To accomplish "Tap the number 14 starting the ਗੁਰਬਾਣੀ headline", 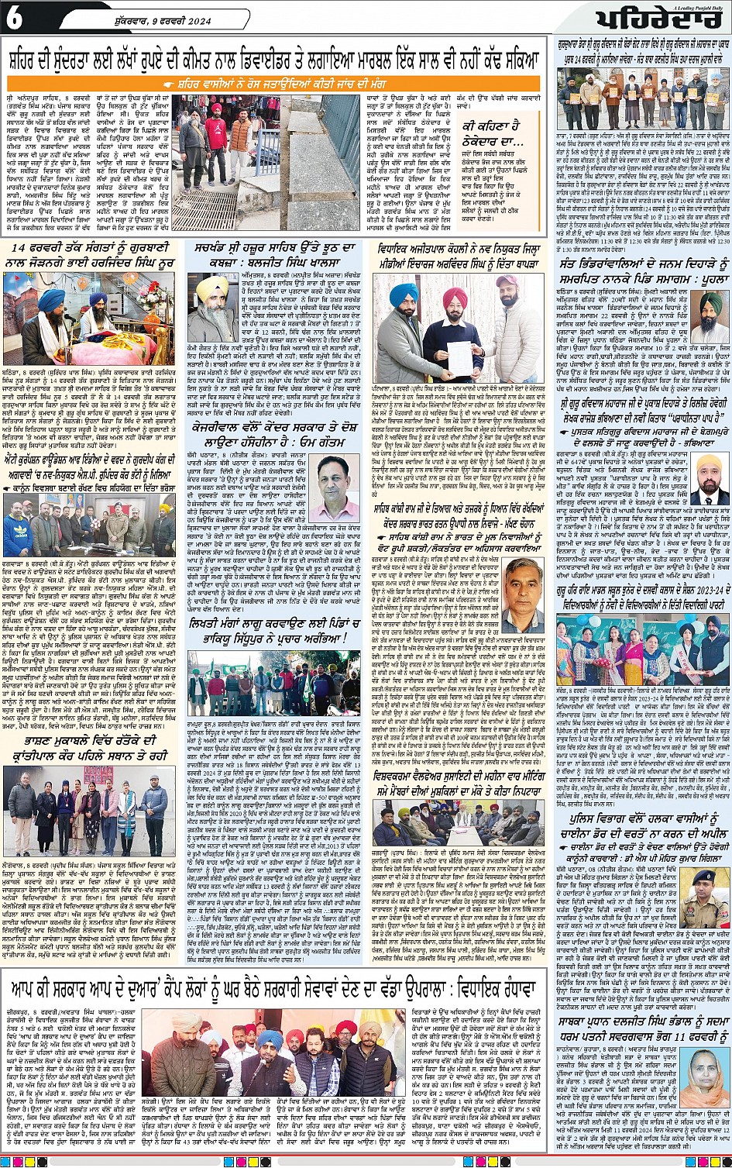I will (21, 248).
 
